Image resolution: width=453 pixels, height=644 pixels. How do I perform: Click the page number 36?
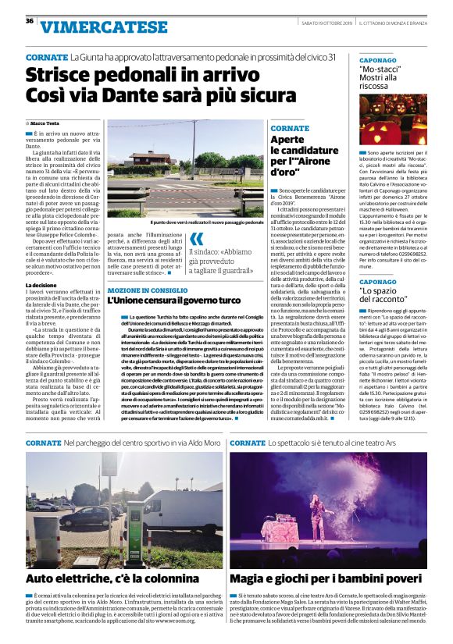pyautogui.click(x=30, y=21)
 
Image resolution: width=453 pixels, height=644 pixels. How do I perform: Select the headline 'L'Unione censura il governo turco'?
pyautogui.click(x=174, y=301)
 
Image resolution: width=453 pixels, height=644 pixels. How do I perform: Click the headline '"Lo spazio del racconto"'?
pyautogui.click(x=385, y=294)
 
